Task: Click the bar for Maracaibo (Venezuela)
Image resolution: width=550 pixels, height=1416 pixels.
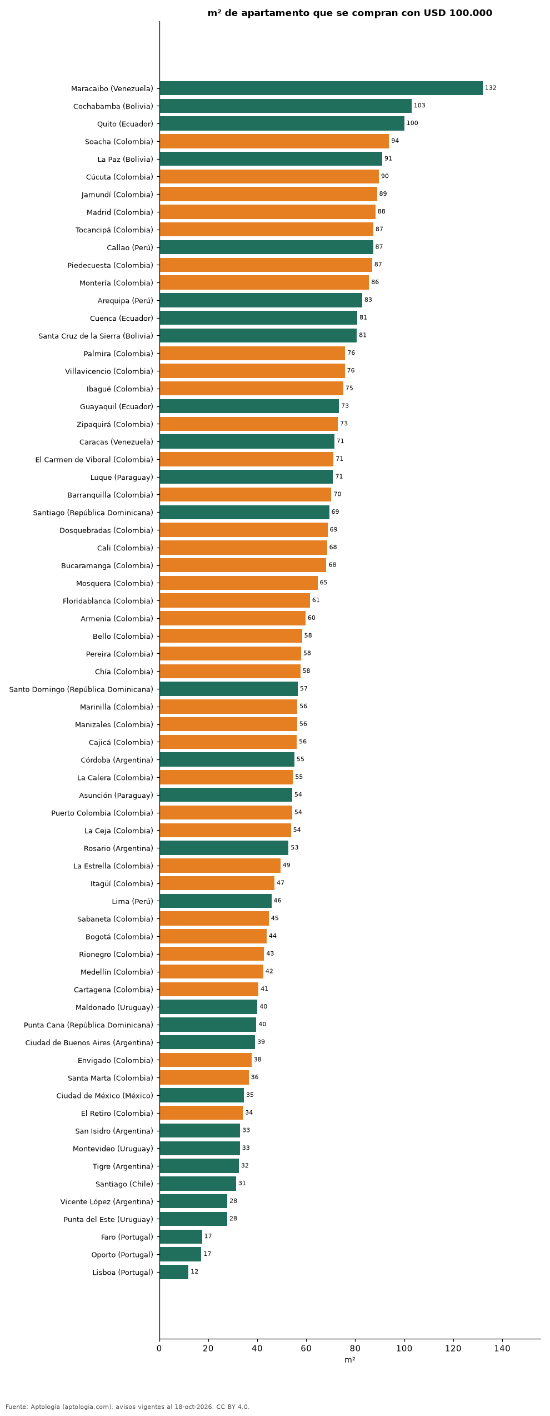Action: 321,88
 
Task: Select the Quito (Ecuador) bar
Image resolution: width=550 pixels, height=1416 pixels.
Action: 282,123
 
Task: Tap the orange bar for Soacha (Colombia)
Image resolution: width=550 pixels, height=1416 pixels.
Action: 274,141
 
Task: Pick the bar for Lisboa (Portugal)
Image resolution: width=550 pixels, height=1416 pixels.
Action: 174,1272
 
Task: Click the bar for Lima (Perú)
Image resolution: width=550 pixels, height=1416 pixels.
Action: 216,901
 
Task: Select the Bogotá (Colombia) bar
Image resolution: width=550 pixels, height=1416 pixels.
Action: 213,936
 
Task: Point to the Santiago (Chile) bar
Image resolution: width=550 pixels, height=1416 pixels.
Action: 198,1184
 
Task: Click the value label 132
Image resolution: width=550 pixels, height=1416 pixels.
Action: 491,88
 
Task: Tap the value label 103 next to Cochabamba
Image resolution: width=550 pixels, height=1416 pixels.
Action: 419,106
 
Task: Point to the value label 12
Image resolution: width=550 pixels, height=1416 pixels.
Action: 194,1271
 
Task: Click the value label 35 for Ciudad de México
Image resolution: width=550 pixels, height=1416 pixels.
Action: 250,1095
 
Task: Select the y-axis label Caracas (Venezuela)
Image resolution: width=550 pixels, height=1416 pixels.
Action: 116,442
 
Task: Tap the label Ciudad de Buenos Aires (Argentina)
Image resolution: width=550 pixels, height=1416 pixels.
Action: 89,1042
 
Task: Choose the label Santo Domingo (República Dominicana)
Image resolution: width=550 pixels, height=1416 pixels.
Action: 81,689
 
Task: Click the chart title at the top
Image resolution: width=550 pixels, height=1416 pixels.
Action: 350,13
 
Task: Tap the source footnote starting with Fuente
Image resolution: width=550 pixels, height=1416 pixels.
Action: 128,1407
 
